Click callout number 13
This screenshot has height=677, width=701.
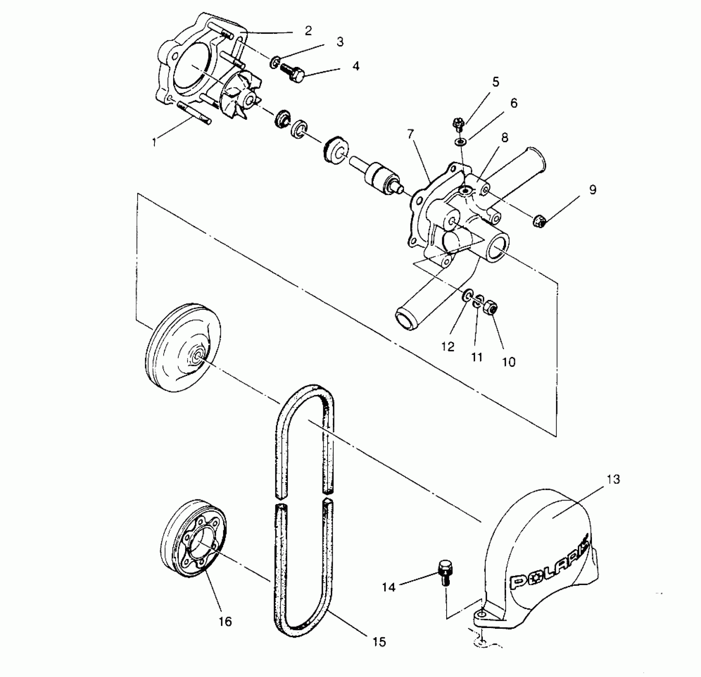(x=614, y=479)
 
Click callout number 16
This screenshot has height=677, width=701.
(x=225, y=621)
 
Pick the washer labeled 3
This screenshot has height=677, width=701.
(x=274, y=62)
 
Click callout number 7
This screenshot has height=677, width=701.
(x=411, y=134)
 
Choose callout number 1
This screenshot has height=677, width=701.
(x=154, y=142)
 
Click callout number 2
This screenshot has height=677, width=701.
(x=308, y=31)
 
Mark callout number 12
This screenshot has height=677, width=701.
(x=448, y=346)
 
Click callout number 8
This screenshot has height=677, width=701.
(x=504, y=138)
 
